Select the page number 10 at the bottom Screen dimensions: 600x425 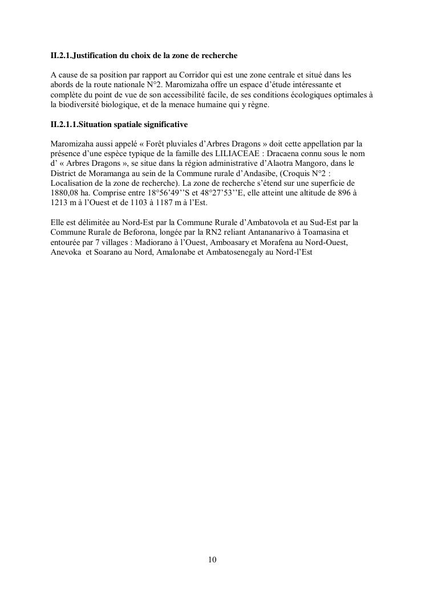point(212,560)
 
